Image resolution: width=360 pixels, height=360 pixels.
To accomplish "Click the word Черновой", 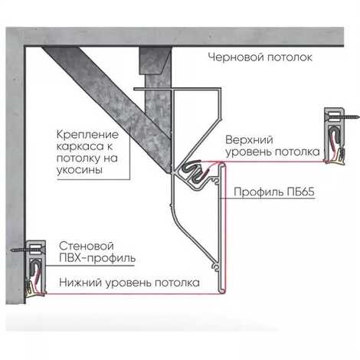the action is [236, 57].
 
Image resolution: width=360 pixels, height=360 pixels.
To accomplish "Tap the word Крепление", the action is [87, 135].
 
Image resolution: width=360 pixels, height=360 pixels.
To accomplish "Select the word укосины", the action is [80, 170].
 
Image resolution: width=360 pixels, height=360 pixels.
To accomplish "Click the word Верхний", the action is [250, 140].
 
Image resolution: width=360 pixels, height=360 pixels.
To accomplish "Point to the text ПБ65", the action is [301, 191].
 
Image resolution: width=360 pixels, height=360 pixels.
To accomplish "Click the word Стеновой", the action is [87, 246].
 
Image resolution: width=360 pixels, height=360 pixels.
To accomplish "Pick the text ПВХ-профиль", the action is [97, 258].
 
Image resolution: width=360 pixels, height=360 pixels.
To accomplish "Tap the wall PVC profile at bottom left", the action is [35, 268].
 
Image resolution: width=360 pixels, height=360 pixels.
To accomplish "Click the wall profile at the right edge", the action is [335, 136].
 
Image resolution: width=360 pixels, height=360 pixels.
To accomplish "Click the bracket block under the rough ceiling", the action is [155, 61].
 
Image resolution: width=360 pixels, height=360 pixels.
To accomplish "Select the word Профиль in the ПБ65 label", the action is [258, 192].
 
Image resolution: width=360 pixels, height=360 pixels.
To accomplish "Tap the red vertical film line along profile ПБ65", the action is [225, 227].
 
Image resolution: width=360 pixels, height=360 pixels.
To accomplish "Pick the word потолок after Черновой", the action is [290, 57].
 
